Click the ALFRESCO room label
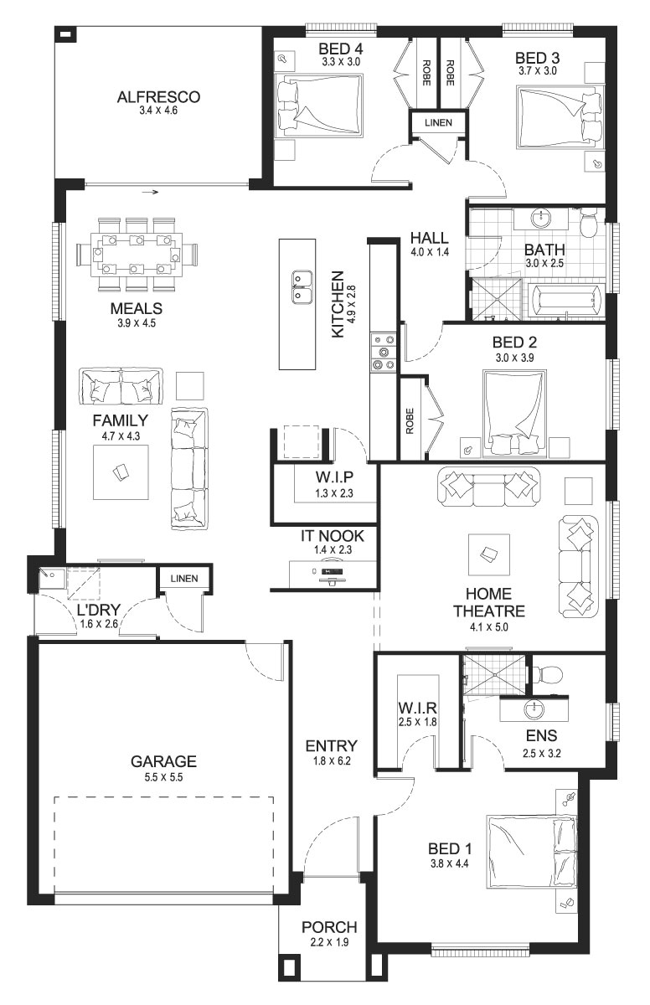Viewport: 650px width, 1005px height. pyautogui.click(x=158, y=97)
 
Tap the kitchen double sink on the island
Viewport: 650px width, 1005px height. pyautogui.click(x=302, y=287)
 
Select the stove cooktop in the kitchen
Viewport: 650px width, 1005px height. pyautogui.click(x=384, y=353)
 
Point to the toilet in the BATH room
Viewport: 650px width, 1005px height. pyautogui.click(x=589, y=223)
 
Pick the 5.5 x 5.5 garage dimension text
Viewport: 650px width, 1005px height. pyautogui.click(x=163, y=777)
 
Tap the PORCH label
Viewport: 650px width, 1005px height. pyautogui.click(x=329, y=926)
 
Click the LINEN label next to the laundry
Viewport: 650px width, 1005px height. pyautogui.click(x=184, y=579)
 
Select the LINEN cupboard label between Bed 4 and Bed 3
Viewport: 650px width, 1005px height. pyautogui.click(x=438, y=122)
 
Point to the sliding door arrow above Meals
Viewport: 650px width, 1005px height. pyautogui.click(x=151, y=193)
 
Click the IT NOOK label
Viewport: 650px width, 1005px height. pyautogui.click(x=333, y=536)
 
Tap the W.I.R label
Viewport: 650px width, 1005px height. pyautogui.click(x=417, y=708)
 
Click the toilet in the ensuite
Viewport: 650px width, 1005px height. pyautogui.click(x=547, y=673)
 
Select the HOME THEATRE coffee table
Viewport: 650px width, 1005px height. pyautogui.click(x=489, y=554)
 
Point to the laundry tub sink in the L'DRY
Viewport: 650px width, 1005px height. pyautogui.click(x=52, y=578)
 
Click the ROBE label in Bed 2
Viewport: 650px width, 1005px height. pyautogui.click(x=410, y=420)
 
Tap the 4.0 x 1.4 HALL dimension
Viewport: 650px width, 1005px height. pyautogui.click(x=430, y=252)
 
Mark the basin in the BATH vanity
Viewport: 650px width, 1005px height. pyautogui.click(x=541, y=219)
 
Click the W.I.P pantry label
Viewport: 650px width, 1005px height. pyautogui.click(x=334, y=477)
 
